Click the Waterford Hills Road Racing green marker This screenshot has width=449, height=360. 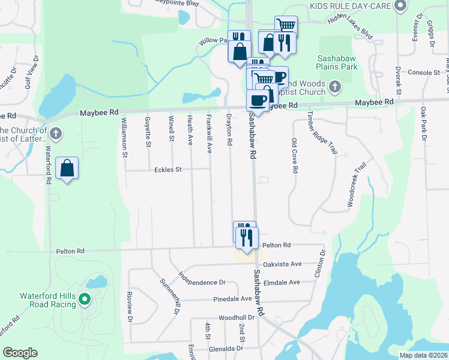(x=85, y=298)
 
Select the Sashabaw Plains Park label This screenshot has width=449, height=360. (x=337, y=62)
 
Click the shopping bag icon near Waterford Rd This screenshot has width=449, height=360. (x=67, y=168)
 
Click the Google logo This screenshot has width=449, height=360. (x=20, y=353)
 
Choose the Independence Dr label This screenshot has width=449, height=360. (x=202, y=278)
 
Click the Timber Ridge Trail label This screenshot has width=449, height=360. (x=322, y=132)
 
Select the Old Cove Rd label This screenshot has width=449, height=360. (x=294, y=155)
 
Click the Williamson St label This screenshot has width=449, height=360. (x=124, y=137)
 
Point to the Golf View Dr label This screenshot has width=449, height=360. (x=31, y=72)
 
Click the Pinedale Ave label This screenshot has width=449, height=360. (x=232, y=299)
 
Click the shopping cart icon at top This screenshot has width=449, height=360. (x=286, y=25)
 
